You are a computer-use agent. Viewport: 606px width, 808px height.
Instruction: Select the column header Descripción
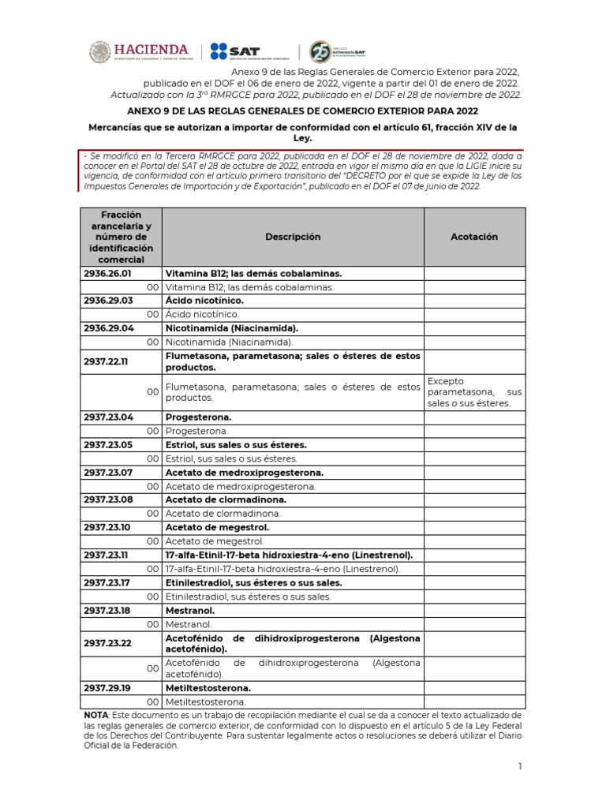[293, 237]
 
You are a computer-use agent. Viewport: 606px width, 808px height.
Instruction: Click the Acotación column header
[474, 237]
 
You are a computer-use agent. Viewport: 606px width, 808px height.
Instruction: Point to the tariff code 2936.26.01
[108, 273]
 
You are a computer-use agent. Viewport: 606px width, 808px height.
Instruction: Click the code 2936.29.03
[108, 301]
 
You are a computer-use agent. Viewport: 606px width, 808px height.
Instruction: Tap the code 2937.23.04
[108, 417]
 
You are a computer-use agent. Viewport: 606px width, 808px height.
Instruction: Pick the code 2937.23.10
[108, 527]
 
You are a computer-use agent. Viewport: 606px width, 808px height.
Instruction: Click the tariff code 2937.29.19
[108, 688]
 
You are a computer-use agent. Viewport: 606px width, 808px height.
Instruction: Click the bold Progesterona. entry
[199, 417]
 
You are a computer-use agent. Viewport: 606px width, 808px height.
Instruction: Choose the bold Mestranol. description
[190, 611]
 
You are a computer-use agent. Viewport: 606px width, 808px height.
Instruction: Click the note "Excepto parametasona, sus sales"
[474, 392]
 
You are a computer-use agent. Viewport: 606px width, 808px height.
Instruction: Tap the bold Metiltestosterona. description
[208, 688]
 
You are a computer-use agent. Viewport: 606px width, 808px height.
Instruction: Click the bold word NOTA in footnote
[96, 715]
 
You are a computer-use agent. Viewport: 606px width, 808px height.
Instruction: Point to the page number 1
[520, 766]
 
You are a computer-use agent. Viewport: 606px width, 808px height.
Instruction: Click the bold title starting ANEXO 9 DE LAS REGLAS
[302, 112]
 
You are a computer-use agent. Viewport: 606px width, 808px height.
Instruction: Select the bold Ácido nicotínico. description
[204, 301]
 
